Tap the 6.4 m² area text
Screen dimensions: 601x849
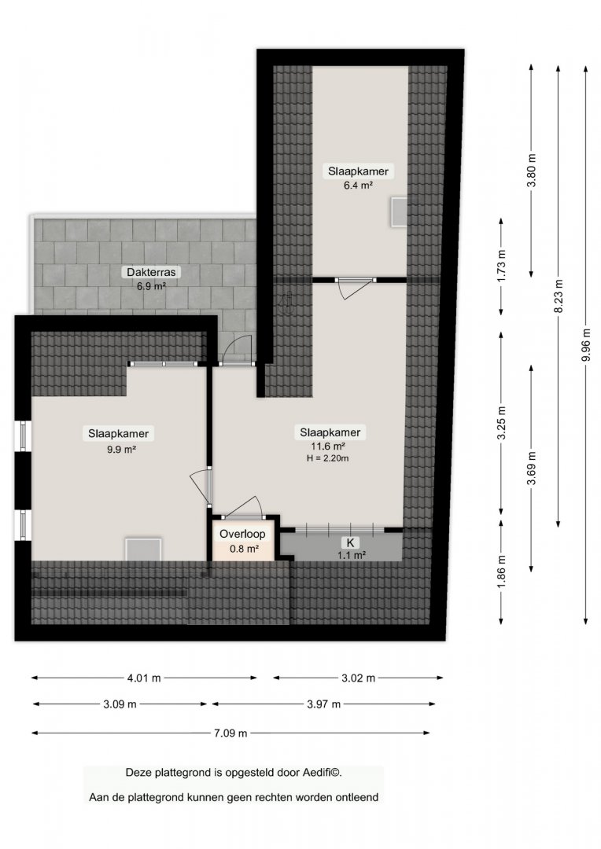[358, 186]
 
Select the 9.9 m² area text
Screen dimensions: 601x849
[121, 449]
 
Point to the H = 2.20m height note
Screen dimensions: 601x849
[327, 458]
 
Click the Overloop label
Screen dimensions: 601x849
[242, 534]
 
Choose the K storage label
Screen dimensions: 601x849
[351, 542]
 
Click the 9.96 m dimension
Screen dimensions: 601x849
[586, 345]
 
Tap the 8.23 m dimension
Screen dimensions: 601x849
[559, 296]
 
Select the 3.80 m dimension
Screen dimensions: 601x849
[532, 171]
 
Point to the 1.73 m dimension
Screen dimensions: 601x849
[501, 266]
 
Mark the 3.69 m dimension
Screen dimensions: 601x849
[532, 468]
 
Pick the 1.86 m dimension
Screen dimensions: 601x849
[501, 572]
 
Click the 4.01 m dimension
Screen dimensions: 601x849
[144, 678]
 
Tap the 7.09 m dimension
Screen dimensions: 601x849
[230, 733]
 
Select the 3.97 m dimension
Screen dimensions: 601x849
[323, 704]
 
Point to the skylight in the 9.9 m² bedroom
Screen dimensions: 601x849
[143, 549]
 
